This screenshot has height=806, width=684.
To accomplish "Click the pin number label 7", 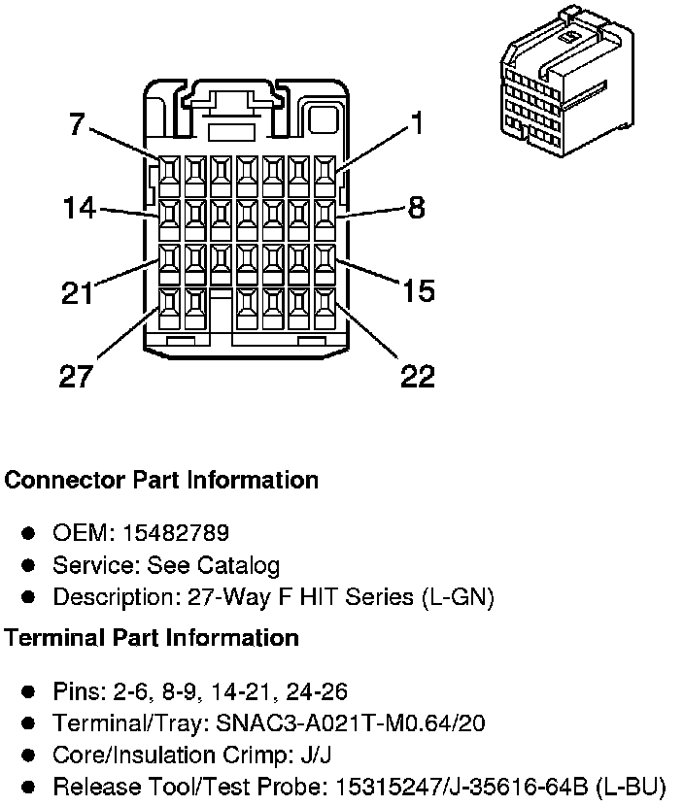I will pos(77,124).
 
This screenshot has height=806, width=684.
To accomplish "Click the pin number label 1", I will pos(416,123).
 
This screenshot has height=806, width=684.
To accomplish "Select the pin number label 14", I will pos(79,208).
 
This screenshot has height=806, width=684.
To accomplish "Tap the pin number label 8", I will pos(416,207).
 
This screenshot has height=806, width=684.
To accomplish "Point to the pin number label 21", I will pos(77,292).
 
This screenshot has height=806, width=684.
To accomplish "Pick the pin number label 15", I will pos(418,290).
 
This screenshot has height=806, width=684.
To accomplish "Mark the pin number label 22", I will pos(418,376).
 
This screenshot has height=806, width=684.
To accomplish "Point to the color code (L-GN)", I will pos(458,597).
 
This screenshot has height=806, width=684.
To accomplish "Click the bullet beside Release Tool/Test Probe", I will pos(29,787).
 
